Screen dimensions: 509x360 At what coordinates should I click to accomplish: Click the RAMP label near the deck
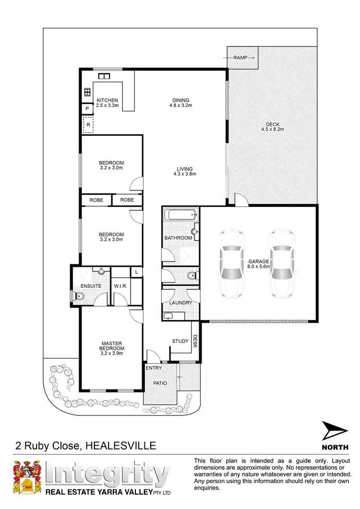click(x=240, y=58)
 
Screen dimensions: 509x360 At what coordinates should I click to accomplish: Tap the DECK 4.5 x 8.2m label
click(x=273, y=126)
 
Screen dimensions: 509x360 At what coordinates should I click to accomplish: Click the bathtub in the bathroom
click(x=180, y=215)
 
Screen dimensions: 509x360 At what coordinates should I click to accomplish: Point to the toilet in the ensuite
click(x=78, y=297)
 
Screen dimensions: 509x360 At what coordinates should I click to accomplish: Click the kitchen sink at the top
click(x=104, y=76)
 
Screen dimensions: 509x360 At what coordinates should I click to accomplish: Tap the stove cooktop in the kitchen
click(x=88, y=92)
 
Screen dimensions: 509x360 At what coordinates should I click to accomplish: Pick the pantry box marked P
click(x=87, y=109)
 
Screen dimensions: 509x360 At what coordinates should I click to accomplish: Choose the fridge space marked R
click(x=88, y=125)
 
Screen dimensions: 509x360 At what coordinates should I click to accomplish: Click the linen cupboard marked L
click(x=137, y=272)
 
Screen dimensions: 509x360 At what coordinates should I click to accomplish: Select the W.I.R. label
click(x=120, y=287)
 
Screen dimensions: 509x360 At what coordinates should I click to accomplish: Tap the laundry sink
click(x=168, y=315)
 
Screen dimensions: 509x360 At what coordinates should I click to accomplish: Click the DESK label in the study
click(x=195, y=342)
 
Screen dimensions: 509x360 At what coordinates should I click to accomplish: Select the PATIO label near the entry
click(x=160, y=383)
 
